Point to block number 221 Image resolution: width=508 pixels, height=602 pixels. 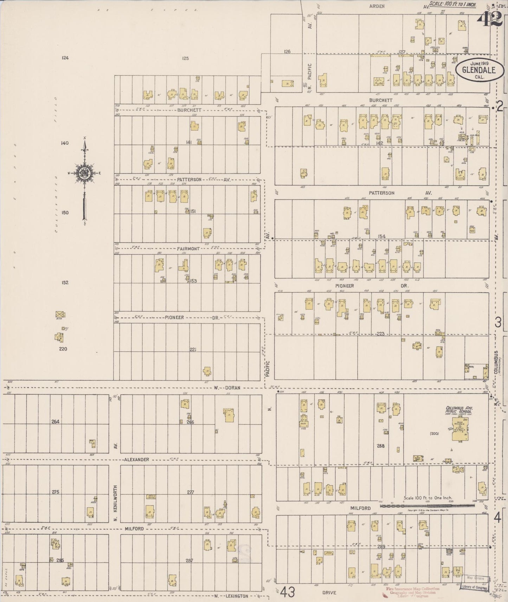pyautogui.click(x=193, y=349)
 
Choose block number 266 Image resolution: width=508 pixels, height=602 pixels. pyautogui.click(x=190, y=422)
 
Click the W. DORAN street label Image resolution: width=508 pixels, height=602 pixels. pyautogui.click(x=227, y=388)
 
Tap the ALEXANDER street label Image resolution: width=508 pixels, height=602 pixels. pyautogui.click(x=136, y=459)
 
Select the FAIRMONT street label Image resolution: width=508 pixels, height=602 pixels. pyautogui.click(x=188, y=249)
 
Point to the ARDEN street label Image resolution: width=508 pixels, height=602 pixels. pyautogui.click(x=377, y=6)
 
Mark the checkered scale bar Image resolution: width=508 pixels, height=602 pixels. pyautogui.click(x=427, y=506)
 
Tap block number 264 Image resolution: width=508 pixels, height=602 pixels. pyautogui.click(x=55, y=422)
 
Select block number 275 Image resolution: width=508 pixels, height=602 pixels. pyautogui.click(x=55, y=492)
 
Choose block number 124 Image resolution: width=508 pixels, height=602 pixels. pyautogui.click(x=64, y=58)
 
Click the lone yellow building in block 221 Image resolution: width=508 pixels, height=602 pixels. pyautogui.click(x=207, y=371)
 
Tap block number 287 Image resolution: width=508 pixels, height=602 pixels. pyautogui.click(x=189, y=561)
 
